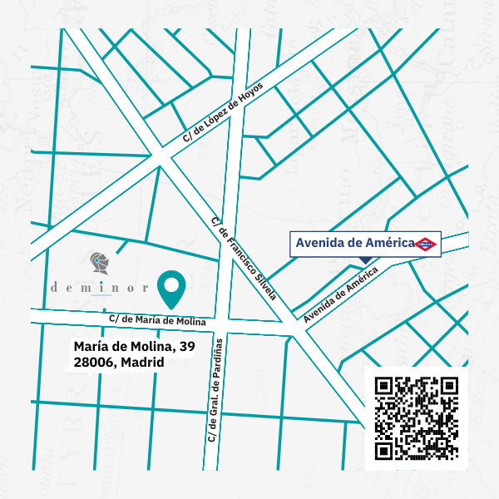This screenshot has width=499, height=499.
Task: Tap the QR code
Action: pos(417,417)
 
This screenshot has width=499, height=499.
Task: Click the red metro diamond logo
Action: pos(427,244)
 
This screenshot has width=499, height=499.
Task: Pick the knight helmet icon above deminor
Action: pos(99,263)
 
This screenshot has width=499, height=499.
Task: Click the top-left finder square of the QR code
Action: pos(384,386)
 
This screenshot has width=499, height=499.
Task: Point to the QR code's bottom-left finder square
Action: pos(384,450)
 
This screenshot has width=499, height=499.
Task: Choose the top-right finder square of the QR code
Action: pos(449,386)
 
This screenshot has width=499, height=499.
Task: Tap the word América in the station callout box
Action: pos(390,243)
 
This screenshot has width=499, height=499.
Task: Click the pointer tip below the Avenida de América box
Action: pos(366,264)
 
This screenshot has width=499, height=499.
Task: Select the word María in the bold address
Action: pos(91,346)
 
